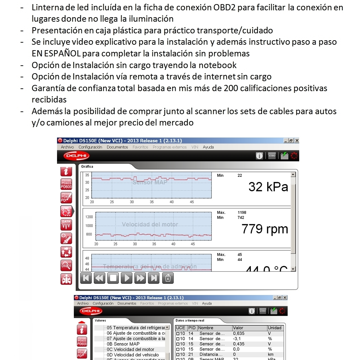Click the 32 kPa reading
pyautogui.click(x=268, y=187)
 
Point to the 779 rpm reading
pyautogui.click(x=265, y=229)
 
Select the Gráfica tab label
pyautogui.click(x=87, y=166)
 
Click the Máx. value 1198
pyautogui.click(x=242, y=212)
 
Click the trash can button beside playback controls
pyautogui.click(x=168, y=278)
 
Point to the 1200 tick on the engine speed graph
pyautogui.click(x=89, y=217)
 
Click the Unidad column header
pyautogui.click(x=274, y=328)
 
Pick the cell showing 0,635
pyautogui.click(x=239, y=333)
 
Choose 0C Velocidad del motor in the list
pyautogui.click(x=131, y=349)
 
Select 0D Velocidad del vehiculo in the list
pyautogui.click(x=133, y=355)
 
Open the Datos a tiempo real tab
pyautogui.click(x=190, y=320)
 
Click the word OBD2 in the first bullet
pyautogui.click(x=224, y=7)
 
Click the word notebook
pyautogui.click(x=220, y=65)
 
